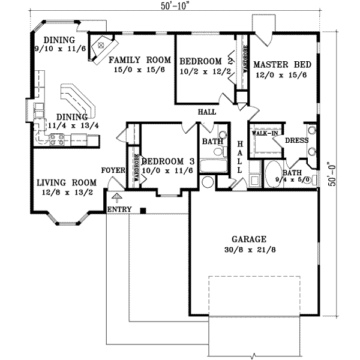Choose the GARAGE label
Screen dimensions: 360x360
pyautogui.click(x=250, y=238)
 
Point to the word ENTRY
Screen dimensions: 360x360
pyautogui.click(x=119, y=209)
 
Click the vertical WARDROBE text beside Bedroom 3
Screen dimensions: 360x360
pyautogui.click(x=137, y=170)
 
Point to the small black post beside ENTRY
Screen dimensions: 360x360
pyautogui.click(x=143, y=209)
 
